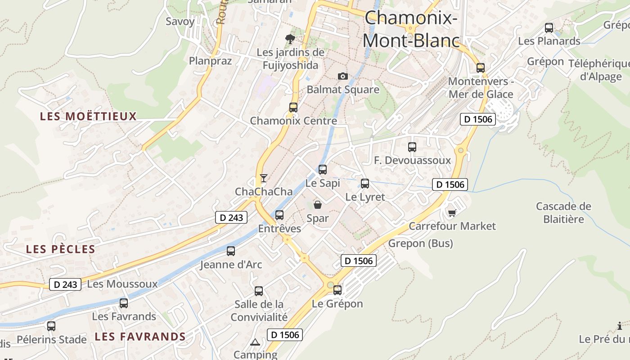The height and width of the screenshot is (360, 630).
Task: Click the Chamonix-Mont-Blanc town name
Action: point(411,30)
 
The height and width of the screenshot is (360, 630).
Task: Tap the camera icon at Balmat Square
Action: point(343,76)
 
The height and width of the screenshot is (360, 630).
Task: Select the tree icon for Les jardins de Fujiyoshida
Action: point(290,39)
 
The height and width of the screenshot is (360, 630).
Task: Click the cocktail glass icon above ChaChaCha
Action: point(264,178)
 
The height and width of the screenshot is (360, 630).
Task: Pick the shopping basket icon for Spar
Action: point(318,205)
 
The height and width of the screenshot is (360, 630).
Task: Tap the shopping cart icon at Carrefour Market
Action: point(452,212)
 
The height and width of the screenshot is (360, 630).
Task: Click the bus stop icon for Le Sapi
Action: point(323,170)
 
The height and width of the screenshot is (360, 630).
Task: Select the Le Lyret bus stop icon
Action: point(365,184)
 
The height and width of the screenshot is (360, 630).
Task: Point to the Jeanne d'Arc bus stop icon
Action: point(231,251)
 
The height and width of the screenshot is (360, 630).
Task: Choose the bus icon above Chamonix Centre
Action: point(293,108)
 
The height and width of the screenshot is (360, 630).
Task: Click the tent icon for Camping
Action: point(255,342)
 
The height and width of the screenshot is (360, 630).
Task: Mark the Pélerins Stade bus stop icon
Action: point(51,326)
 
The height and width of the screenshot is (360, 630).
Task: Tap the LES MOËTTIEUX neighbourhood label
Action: point(88,117)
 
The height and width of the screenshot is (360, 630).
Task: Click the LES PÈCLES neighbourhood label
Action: point(61,249)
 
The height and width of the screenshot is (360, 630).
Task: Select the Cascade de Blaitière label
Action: point(563,213)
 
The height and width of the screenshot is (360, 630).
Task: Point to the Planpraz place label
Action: point(210,61)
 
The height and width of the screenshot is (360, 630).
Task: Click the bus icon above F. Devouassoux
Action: point(412,147)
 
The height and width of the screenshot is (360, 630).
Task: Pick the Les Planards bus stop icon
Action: point(549,28)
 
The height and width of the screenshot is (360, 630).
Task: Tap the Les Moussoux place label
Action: point(122,284)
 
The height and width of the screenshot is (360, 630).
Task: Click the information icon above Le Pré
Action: point(620,326)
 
